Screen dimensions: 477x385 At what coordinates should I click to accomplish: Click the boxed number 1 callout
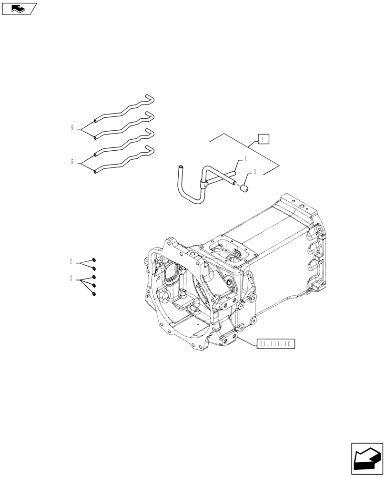pyautogui.click(x=264, y=139)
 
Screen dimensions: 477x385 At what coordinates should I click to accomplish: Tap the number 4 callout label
pyautogui.click(x=246, y=158)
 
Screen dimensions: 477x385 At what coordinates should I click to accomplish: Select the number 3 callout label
pyautogui.click(x=255, y=172)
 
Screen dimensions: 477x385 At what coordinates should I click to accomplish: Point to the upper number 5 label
pyautogui.click(x=72, y=128)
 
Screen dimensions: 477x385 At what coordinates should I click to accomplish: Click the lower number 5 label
pyautogui.click(x=72, y=162)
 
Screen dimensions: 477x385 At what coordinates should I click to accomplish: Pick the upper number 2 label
pyautogui.click(x=71, y=261)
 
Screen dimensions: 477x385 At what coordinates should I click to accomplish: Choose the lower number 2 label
pyautogui.click(x=71, y=278)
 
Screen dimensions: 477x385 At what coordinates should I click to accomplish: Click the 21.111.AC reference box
pyautogui.click(x=276, y=344)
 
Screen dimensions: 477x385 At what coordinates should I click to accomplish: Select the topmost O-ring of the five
pyautogui.click(x=94, y=260)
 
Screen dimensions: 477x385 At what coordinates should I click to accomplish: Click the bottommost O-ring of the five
pyautogui.click(x=94, y=293)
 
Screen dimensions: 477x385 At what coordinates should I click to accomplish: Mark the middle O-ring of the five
pyautogui.click(x=94, y=277)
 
